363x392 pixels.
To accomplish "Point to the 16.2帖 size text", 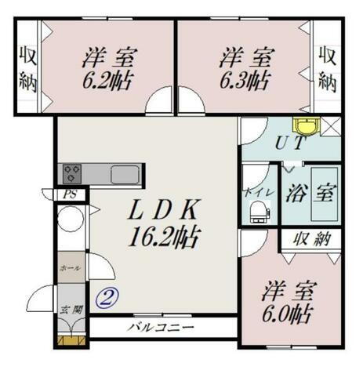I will tap(165, 234).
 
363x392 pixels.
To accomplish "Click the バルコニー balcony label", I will tap(161, 328).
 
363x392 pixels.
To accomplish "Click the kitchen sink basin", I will tap(125, 174).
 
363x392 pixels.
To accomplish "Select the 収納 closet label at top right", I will tap(328, 69).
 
